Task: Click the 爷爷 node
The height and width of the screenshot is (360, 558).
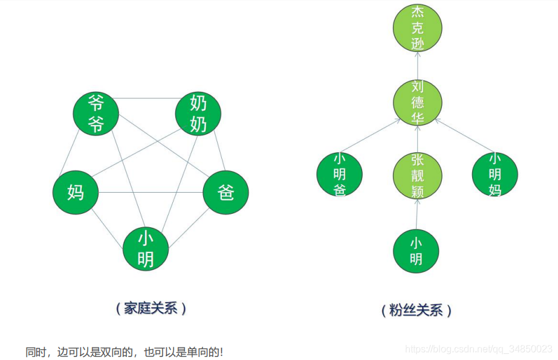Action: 96,114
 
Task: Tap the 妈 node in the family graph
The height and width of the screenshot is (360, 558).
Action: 76,193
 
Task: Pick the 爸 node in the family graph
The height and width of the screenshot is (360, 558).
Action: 225,193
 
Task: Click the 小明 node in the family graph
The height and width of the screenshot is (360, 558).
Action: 146,249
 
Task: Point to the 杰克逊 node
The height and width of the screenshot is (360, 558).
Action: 417,28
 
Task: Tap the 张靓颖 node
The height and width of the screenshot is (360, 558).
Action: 417,176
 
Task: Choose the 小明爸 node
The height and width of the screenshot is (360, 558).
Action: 340,174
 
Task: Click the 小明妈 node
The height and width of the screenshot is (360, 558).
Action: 495,174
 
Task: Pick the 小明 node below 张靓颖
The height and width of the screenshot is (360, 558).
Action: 416,251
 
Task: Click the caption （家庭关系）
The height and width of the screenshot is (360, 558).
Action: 151,308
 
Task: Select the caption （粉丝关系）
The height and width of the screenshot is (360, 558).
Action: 417,310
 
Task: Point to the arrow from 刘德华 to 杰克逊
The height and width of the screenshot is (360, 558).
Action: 417,65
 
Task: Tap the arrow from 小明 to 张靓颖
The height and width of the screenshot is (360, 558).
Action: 417,214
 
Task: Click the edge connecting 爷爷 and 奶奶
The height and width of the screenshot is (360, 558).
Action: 147,98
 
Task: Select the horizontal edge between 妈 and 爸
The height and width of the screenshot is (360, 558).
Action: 151,193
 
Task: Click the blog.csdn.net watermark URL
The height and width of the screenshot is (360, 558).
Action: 478,349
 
